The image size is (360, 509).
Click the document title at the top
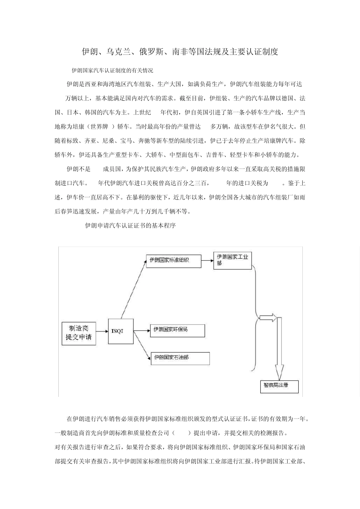point(180,52)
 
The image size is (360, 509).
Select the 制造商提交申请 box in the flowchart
point(79,334)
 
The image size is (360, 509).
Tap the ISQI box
point(120,331)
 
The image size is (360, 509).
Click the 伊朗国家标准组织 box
point(174,261)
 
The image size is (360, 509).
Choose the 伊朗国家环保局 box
point(177,331)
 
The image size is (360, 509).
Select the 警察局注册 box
point(279,386)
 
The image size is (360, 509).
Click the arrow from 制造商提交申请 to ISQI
point(102,331)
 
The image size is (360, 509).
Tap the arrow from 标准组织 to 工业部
point(207,260)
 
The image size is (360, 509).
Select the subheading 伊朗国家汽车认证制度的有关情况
point(113,70)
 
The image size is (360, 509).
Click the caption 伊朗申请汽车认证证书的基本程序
point(130,226)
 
